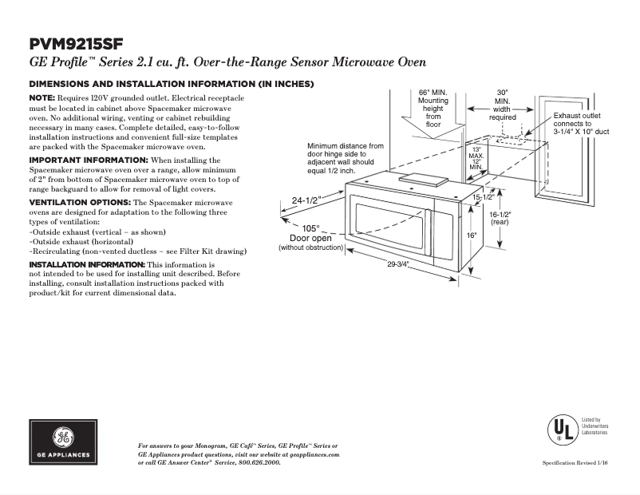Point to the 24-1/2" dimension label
[306, 201]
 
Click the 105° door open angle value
[310, 228]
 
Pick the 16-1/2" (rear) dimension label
[500, 219]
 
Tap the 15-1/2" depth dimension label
[481, 196]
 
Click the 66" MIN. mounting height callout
[433, 108]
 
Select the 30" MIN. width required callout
[502, 105]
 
